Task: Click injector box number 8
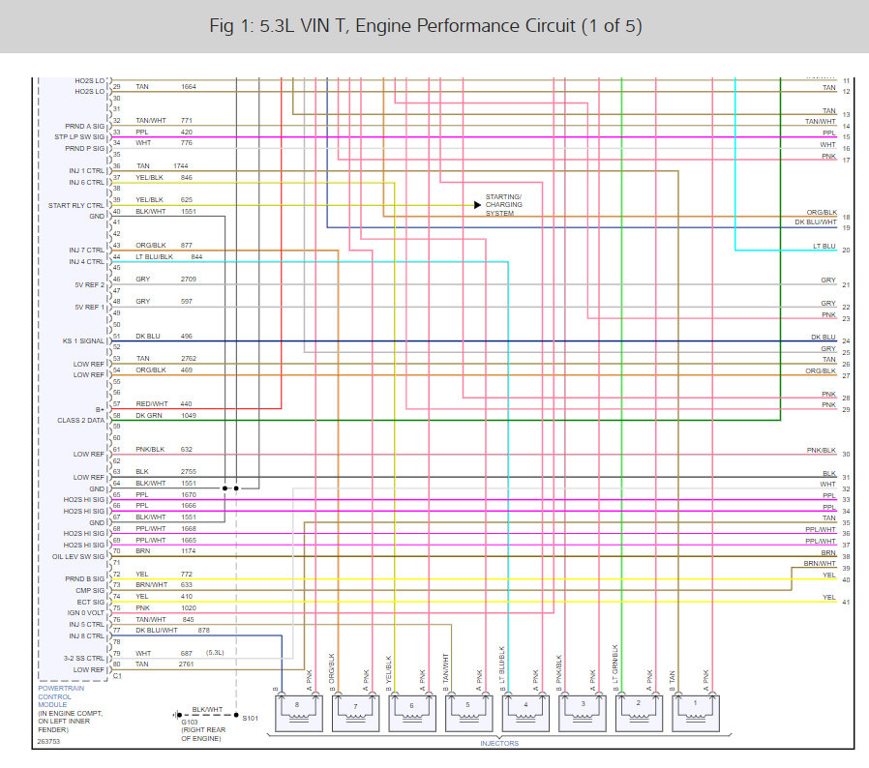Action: click(x=298, y=713)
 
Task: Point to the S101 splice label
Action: click(x=251, y=718)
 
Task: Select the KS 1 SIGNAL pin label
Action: click(x=83, y=340)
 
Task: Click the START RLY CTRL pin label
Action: click(x=75, y=205)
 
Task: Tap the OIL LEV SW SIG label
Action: click(x=77, y=556)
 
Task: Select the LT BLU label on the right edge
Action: click(x=824, y=247)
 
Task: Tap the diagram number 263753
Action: click(x=47, y=742)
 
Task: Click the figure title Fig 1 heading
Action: click(x=434, y=25)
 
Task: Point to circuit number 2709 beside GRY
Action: click(x=189, y=279)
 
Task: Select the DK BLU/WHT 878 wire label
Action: click(x=170, y=630)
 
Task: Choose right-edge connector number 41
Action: click(x=846, y=603)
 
